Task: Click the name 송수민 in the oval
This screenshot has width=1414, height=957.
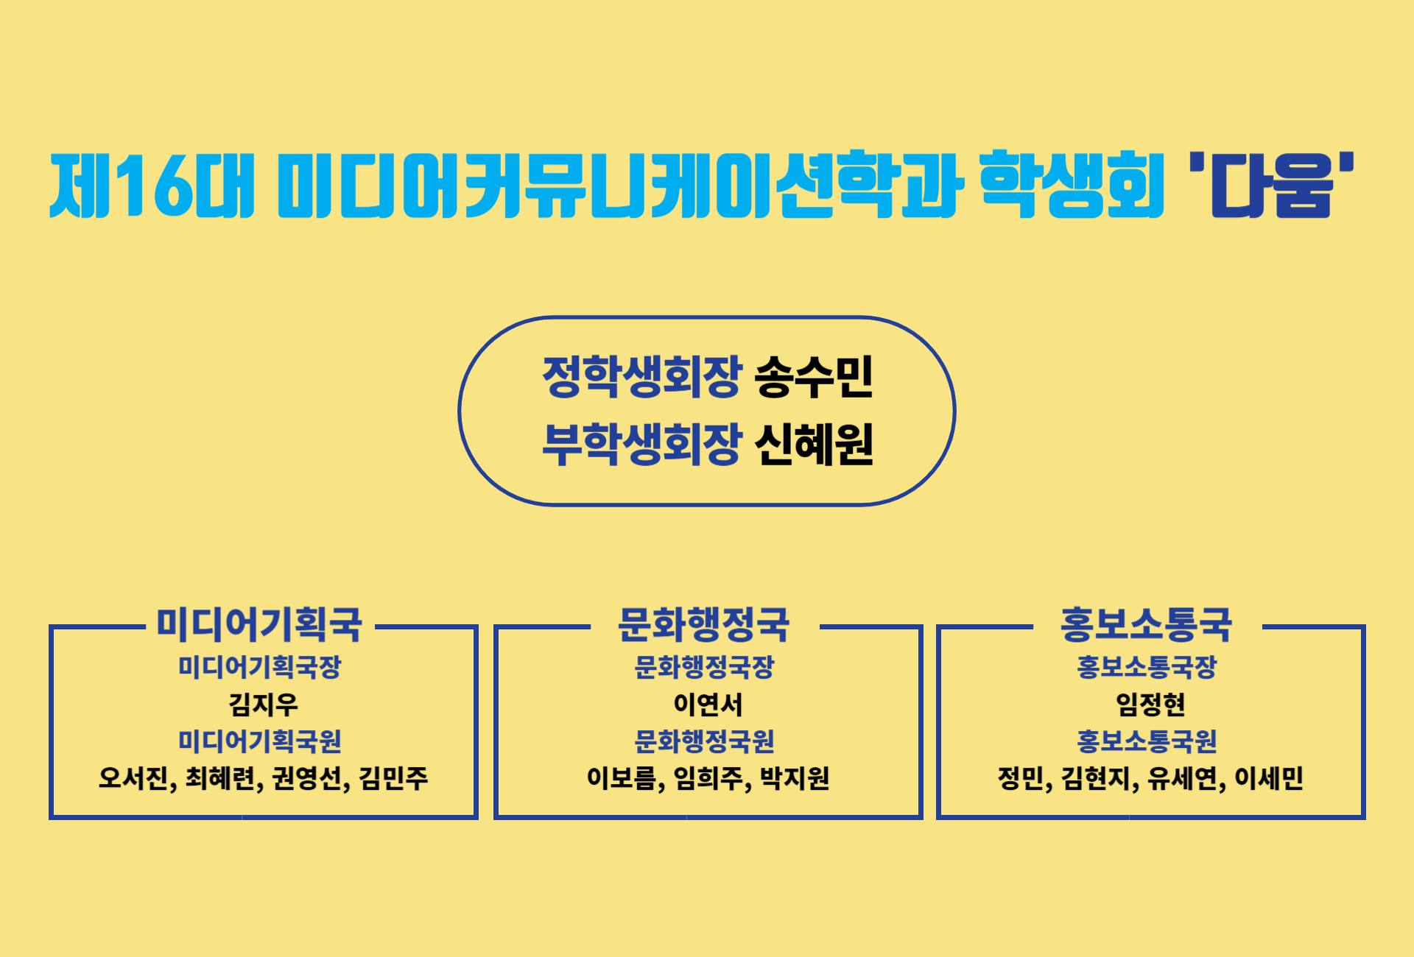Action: (814, 376)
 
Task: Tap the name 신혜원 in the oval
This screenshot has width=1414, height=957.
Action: (814, 444)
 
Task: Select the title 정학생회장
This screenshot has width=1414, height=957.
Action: (641, 376)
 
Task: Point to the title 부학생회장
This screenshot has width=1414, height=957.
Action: (641, 444)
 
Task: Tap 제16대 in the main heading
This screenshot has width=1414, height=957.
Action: (152, 185)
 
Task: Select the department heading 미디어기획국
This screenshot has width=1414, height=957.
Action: (259, 624)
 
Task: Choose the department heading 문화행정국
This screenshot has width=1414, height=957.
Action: (704, 624)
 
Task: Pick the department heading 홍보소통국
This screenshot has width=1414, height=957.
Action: (1147, 624)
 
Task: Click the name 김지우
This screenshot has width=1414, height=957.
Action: (264, 704)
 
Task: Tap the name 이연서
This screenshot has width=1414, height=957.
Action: (708, 704)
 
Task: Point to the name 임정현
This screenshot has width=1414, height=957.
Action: (1150, 704)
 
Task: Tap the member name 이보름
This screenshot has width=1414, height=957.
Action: (621, 778)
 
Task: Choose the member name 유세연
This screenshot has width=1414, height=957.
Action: (1182, 778)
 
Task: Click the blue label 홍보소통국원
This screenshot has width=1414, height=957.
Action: (1147, 741)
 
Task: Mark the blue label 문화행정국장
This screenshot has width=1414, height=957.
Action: (704, 668)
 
